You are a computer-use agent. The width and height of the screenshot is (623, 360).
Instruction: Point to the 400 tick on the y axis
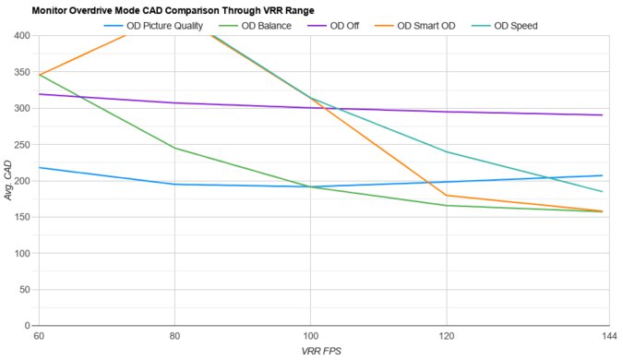click(x=22, y=36)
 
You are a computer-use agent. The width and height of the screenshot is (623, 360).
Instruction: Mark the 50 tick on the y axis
click(x=25, y=290)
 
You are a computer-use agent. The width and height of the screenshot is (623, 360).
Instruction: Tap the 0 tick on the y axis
click(x=28, y=326)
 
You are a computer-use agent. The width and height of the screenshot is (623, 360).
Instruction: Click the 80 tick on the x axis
click(x=174, y=337)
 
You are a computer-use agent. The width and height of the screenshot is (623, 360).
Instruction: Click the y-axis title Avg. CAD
click(x=8, y=181)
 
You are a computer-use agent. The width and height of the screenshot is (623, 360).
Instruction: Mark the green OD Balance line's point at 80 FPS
click(x=174, y=149)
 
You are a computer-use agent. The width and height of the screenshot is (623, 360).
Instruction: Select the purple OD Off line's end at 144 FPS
click(x=602, y=115)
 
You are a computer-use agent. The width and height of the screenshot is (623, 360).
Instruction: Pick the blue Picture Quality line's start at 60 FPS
click(x=38, y=168)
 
